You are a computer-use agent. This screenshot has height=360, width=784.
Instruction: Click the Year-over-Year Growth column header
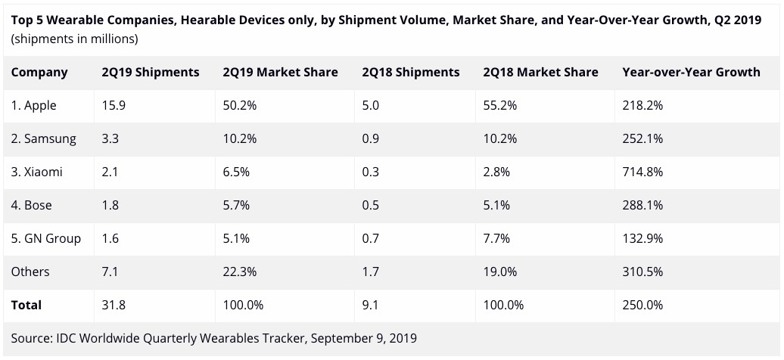pos(690,73)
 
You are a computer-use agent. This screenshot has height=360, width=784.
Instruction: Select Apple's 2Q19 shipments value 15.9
pos(114,106)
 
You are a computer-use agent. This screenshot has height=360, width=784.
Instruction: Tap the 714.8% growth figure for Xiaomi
pos(642,172)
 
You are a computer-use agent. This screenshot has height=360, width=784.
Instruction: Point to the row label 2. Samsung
pos(43,139)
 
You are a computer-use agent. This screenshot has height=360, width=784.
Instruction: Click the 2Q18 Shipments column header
pos(410,73)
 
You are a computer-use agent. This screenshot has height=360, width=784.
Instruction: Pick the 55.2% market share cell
pos(499,106)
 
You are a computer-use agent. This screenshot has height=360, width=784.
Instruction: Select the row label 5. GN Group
pos(46,239)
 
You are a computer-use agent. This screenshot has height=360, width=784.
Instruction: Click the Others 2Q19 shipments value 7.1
pos(110,272)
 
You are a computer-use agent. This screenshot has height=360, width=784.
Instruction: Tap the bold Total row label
pos(26,306)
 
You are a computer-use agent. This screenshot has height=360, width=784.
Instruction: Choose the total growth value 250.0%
pos(642,306)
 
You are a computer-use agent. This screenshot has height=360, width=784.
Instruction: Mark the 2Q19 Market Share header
pos(280,73)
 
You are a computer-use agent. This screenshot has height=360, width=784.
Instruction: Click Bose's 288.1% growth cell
pos(642,206)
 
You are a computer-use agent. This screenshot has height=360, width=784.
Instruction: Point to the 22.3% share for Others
pos(240,272)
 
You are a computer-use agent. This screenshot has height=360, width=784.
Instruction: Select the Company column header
pos(39,73)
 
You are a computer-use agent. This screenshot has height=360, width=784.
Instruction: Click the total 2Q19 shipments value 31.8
pos(114,306)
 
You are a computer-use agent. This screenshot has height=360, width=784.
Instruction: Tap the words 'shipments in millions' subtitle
pos(74,39)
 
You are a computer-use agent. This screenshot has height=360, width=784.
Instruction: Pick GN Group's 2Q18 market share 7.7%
pos(496,239)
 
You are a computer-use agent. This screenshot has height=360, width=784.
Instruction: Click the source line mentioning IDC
pos(213,338)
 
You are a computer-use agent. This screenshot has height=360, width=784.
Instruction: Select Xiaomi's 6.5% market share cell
pos(237,172)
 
